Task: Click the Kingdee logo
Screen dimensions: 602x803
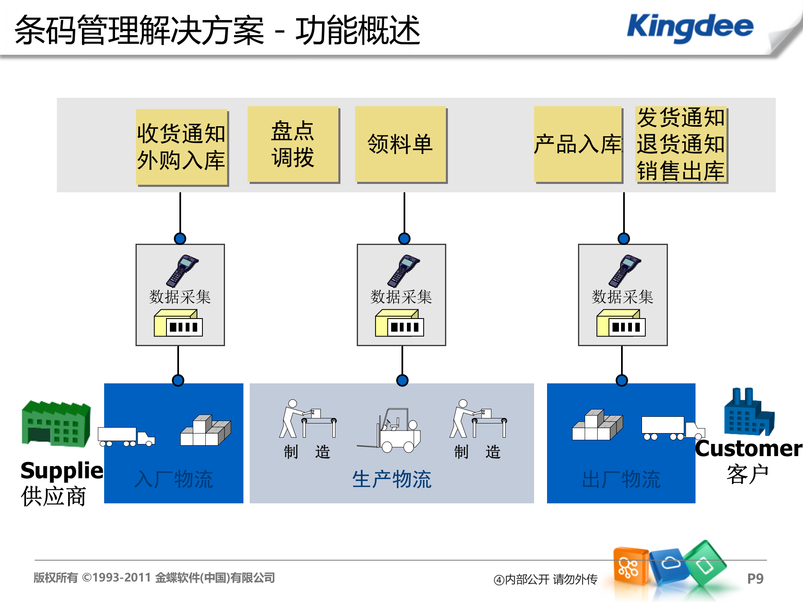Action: [690, 27]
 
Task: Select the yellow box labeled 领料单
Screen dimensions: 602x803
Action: [400, 144]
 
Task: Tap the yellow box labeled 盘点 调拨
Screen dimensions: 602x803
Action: [293, 144]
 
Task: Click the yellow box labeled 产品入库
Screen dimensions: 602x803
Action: [578, 144]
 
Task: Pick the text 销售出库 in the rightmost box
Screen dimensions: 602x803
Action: [680, 171]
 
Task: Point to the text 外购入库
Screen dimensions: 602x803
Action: [181, 161]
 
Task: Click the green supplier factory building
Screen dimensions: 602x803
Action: [56, 423]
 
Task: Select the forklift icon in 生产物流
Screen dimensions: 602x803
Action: [393, 431]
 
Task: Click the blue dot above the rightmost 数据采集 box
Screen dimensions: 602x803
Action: [624, 239]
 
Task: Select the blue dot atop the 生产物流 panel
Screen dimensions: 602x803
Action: [402, 380]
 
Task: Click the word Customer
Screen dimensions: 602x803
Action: [748, 449]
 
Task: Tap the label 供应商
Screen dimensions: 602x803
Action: [54, 496]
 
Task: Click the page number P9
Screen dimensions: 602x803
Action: [755, 579]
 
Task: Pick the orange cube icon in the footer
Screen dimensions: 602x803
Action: [630, 566]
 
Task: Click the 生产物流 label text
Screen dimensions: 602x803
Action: [391, 479]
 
